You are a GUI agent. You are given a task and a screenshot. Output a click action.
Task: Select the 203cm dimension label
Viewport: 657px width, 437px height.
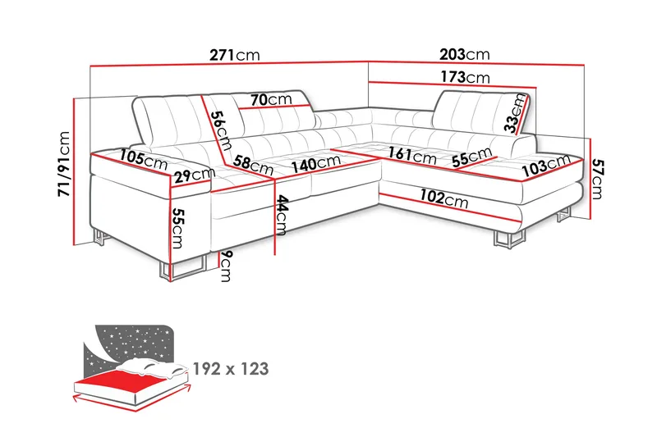tap(465, 55)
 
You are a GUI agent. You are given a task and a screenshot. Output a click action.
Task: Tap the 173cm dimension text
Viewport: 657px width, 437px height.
tap(465, 78)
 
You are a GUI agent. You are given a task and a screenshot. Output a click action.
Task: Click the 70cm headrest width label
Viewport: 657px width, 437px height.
tap(272, 99)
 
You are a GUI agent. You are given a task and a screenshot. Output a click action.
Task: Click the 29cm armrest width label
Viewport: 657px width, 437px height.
tap(195, 173)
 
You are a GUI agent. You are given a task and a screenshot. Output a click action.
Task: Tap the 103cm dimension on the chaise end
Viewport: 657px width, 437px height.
tap(544, 167)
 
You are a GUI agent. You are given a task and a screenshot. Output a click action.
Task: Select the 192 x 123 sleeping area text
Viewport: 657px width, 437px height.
tap(231, 369)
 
